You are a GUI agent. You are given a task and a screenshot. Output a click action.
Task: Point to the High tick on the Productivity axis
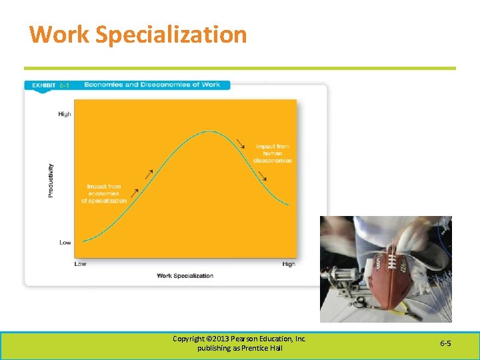pyautogui.click(x=65, y=114)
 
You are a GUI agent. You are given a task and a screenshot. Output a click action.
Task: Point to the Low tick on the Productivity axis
pyautogui.click(x=65, y=242)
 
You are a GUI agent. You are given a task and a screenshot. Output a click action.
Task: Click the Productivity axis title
pyautogui.click(x=51, y=179)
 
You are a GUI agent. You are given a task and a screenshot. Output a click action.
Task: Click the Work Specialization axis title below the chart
pyautogui.click(x=185, y=275)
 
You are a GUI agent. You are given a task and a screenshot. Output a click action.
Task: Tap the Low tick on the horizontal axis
pyautogui.click(x=80, y=264)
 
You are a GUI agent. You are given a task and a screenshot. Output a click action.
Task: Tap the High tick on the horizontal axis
pyautogui.click(x=289, y=264)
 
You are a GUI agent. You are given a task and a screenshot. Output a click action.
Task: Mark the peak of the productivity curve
pyautogui.click(x=210, y=132)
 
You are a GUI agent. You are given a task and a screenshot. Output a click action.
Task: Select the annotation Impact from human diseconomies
pyautogui.click(x=273, y=153)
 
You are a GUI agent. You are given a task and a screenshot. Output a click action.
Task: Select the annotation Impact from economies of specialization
pyautogui.click(x=104, y=194)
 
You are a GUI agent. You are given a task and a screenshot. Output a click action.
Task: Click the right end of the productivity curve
pyautogui.click(x=289, y=205)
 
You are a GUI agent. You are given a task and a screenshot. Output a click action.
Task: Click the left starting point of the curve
pyautogui.click(x=82, y=241)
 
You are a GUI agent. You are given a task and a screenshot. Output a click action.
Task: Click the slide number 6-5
pyautogui.click(x=445, y=343)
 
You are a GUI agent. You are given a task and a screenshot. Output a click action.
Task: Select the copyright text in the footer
pyautogui.click(x=239, y=343)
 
